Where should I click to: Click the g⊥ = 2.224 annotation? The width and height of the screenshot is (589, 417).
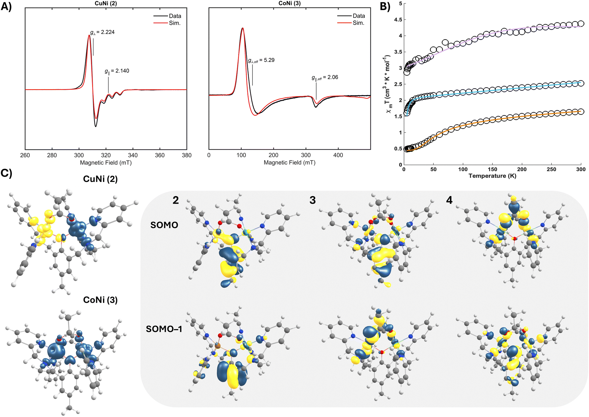[x=102, y=32]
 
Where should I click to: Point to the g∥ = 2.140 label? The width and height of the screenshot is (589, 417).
[x=117, y=71]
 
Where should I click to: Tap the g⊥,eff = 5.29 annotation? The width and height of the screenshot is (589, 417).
[x=261, y=60]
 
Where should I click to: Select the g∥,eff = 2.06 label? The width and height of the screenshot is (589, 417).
[x=325, y=78]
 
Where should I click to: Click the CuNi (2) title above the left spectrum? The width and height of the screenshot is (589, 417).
[x=106, y=3]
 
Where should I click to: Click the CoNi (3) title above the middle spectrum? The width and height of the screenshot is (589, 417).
[x=289, y=3]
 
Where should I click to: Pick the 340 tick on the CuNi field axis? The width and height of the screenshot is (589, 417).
[x=133, y=155]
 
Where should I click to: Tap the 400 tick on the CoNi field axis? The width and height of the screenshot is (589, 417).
[x=338, y=155]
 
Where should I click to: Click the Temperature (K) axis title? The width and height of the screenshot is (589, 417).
[x=492, y=176]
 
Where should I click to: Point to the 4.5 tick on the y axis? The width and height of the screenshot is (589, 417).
[x=398, y=20]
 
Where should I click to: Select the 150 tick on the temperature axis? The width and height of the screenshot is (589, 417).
[x=492, y=170]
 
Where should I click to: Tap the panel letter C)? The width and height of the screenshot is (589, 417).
[x=6, y=173]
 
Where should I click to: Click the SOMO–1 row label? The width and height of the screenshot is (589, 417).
[x=164, y=329]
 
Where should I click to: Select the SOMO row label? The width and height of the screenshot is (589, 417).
[x=164, y=225]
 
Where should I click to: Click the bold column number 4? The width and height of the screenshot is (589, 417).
[x=449, y=200]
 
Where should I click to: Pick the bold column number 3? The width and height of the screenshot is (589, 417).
[x=313, y=200]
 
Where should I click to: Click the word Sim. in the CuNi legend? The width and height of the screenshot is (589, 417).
[x=175, y=23]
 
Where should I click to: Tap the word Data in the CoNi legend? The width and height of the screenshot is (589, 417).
[x=359, y=16]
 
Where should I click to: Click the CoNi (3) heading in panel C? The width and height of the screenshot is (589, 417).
[x=100, y=300]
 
